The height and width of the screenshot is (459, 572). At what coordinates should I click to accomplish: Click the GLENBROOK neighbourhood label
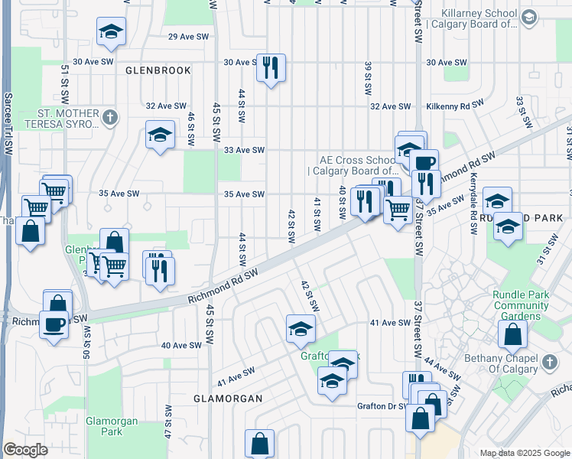[x=158, y=70]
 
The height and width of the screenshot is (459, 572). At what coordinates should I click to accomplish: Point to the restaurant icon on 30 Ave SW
[x=271, y=67]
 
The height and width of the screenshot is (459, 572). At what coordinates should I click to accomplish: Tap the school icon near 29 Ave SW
[x=112, y=31]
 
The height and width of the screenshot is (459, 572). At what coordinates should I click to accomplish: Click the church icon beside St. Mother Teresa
[x=111, y=117]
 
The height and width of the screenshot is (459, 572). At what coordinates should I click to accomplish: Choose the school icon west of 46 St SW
[x=160, y=135]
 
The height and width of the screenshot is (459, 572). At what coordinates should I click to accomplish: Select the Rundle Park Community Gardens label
[x=522, y=305]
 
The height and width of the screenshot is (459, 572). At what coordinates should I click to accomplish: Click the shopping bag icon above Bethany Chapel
[x=512, y=334]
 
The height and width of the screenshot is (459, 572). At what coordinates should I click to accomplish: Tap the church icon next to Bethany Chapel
[x=549, y=362]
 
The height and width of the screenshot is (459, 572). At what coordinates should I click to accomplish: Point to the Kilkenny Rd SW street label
[x=455, y=105]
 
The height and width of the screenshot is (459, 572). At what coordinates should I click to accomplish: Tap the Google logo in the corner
[x=26, y=450]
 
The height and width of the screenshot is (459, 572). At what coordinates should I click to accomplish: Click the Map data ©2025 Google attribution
[x=524, y=453]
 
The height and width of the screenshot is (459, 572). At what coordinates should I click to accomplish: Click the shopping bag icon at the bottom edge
[x=259, y=444]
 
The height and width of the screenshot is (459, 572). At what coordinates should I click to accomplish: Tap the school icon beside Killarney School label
[x=528, y=17]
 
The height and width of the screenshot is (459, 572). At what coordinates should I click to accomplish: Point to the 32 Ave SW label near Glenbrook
[x=166, y=106]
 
